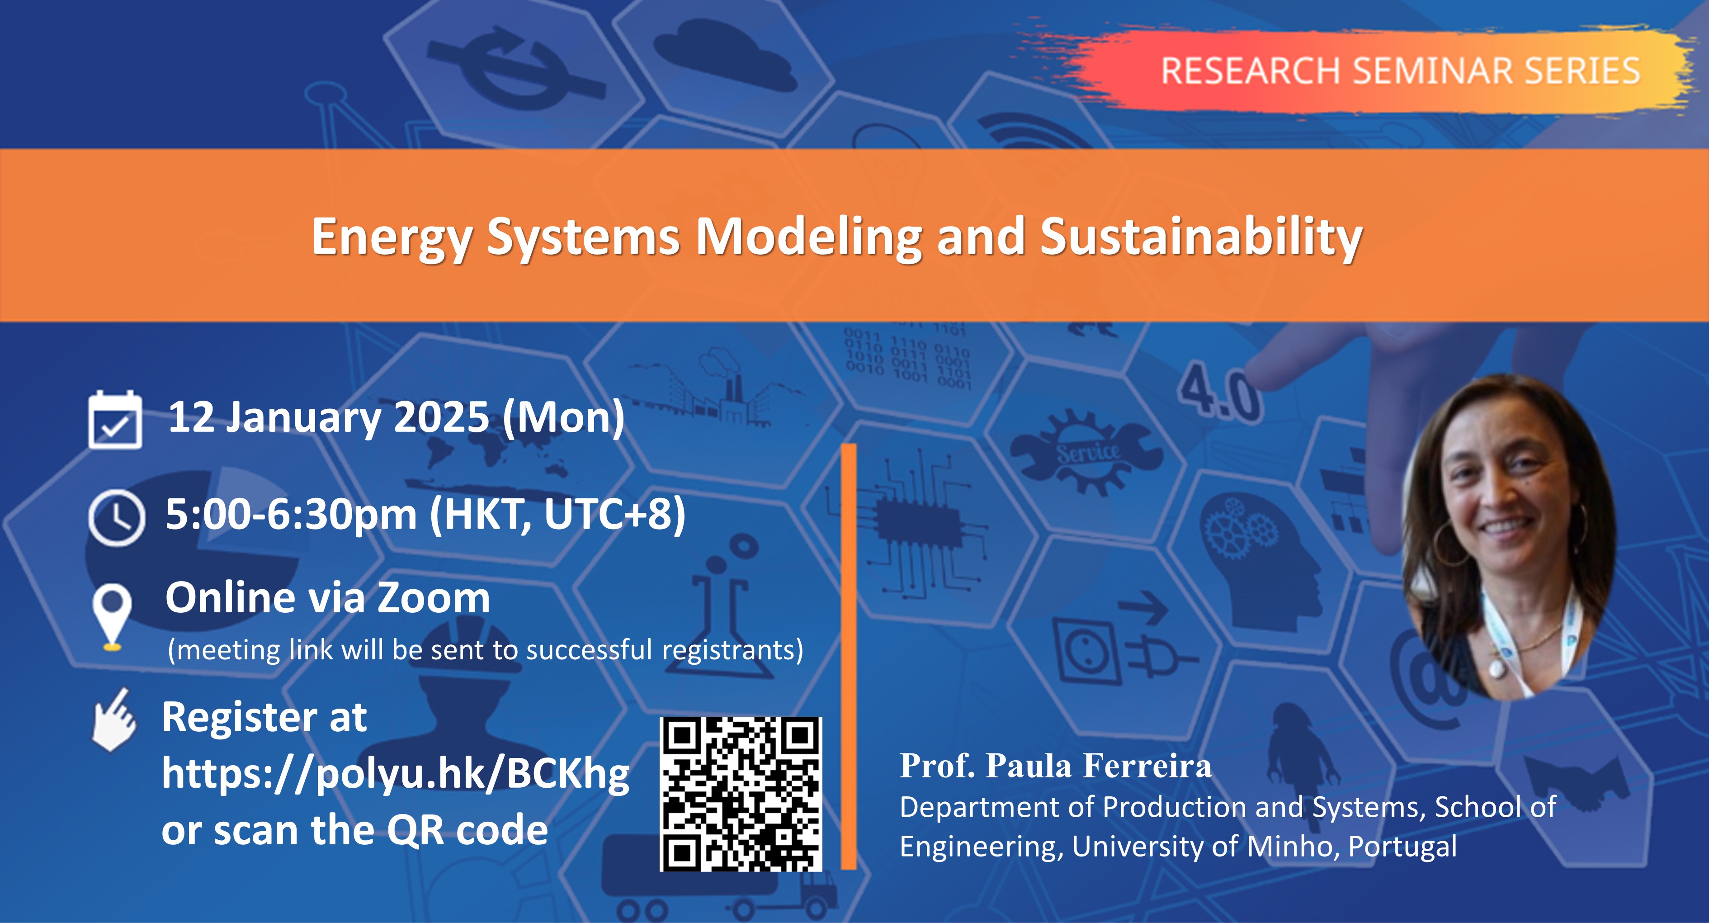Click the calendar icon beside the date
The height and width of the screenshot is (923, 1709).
115,420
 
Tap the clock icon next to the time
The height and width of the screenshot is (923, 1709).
116,517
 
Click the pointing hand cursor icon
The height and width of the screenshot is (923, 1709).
114,720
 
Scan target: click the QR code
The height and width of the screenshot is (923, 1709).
741,794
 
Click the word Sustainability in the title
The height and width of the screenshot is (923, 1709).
1201,237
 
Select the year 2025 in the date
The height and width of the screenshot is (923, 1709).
441,417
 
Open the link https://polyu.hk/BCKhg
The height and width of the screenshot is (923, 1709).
396,774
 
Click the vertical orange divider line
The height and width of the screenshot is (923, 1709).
849,656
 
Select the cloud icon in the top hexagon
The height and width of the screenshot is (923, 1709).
725,58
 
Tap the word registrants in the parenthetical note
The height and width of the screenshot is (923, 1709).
733,650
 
